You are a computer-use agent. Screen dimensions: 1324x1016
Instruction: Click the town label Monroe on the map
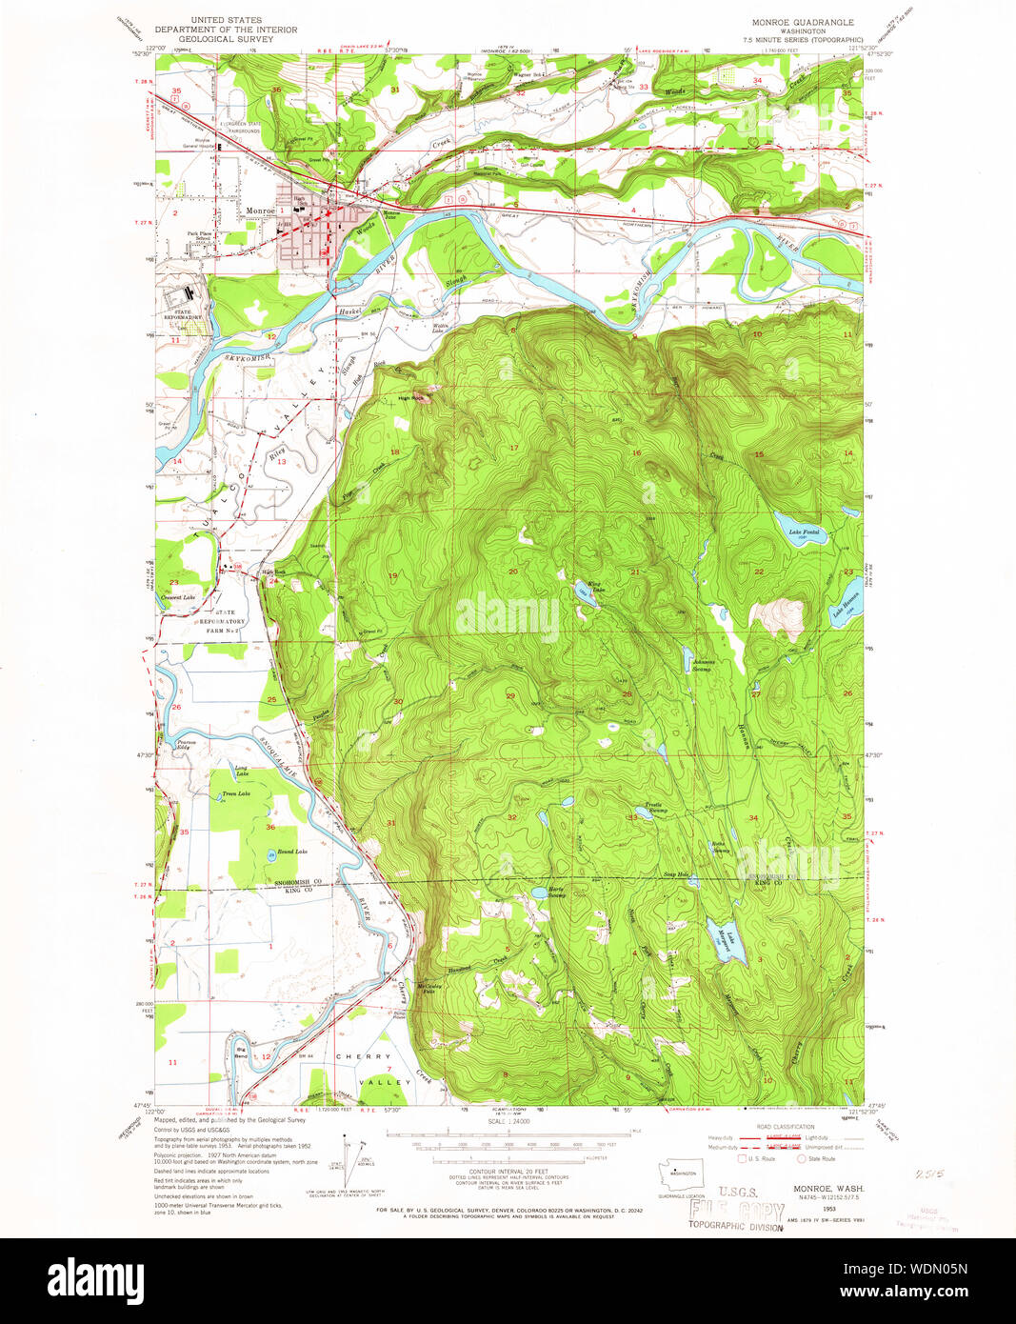[x=259, y=211]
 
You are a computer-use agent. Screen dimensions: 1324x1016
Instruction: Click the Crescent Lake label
[x=178, y=598]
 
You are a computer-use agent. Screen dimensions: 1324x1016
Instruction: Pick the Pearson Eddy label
[x=180, y=744]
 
